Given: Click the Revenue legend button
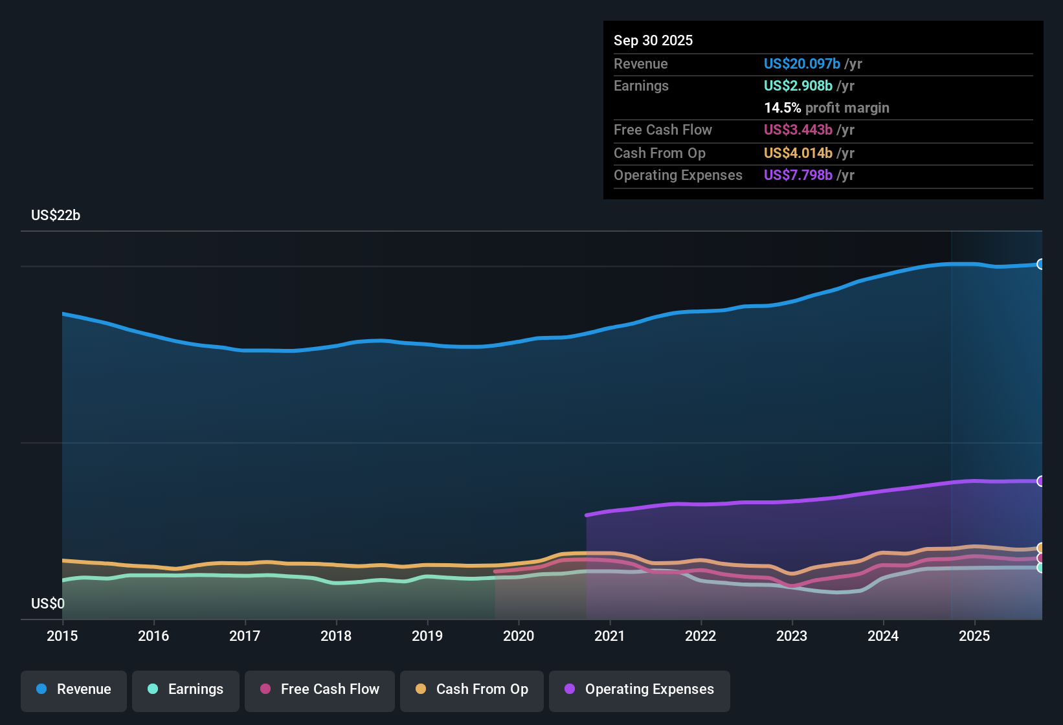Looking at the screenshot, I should (74, 689).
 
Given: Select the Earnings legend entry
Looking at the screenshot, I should (186, 689).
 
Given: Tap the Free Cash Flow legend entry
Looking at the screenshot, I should (320, 689).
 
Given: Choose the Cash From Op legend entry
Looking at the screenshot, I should (472, 689).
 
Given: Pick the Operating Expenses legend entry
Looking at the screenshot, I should (640, 689).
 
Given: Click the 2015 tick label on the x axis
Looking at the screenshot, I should (62, 636).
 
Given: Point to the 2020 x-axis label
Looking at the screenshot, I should (519, 636).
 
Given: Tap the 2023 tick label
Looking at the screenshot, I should (792, 636).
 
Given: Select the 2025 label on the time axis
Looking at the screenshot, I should (974, 636).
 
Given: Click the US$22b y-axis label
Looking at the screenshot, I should (56, 216).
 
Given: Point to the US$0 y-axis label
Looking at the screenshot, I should (48, 604).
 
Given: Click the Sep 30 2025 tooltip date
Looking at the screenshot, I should (653, 41).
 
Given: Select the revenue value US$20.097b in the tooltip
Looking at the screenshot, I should (801, 64).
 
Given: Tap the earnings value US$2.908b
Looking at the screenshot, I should (798, 86).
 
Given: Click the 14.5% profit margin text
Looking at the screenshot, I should (826, 108).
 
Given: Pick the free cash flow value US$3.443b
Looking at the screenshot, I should (798, 130).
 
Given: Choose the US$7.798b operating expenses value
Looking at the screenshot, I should (798, 175).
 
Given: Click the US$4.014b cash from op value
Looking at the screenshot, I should (798, 153).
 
